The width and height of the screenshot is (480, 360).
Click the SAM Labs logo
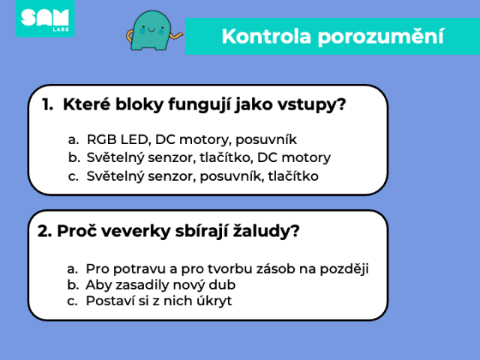coord(45,18)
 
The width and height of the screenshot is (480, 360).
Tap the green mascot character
coord(151,31)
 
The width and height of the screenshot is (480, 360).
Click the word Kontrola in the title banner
coord(266,37)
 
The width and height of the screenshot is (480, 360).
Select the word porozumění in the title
coord(381,37)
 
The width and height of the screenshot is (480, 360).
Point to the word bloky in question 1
coord(139,104)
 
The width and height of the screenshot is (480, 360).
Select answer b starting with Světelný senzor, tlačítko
coord(199,157)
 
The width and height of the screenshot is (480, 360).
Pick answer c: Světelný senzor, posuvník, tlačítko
coord(193,176)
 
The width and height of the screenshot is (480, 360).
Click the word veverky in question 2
coord(136,231)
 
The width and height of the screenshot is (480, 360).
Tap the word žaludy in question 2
coord(265,231)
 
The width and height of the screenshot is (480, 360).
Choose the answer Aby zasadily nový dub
coord(151,285)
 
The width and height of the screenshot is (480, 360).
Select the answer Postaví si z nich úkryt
coord(149,301)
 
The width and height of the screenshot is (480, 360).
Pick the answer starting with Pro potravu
coord(218,269)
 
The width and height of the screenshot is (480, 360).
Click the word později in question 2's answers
coord(344,269)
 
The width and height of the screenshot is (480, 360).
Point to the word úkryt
coord(214,301)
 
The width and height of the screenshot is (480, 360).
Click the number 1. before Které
coord(47,105)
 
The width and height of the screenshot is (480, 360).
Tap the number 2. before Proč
coord(45,231)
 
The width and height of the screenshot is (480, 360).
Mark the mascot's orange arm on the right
coord(177,36)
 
